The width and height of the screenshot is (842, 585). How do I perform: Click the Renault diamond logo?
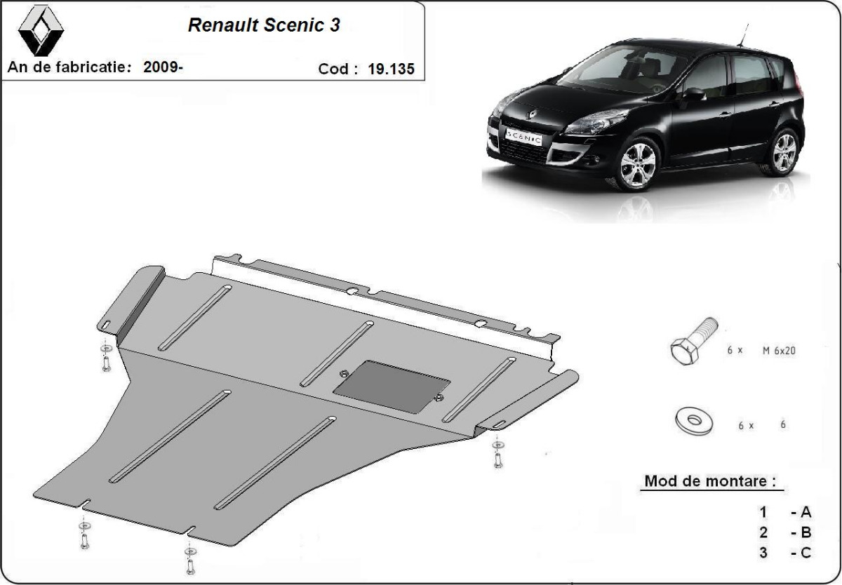click(40, 32)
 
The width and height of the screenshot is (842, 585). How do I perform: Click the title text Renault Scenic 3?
click(265, 25)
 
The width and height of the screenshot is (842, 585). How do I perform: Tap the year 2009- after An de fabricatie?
click(163, 67)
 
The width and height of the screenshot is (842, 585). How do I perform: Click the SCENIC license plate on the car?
click(523, 137)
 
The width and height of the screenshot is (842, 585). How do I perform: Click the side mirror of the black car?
click(694, 95)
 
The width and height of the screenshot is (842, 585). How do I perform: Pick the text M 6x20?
click(778, 349)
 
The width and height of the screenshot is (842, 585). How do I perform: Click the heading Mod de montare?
click(710, 482)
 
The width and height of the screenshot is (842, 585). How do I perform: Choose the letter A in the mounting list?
click(805, 513)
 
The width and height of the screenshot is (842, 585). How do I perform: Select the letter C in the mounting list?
click(805, 553)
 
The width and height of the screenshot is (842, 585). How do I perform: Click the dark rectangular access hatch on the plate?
click(392, 386)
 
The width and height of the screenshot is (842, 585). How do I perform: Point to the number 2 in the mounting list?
click(763, 533)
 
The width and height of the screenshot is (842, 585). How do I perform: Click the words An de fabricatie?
click(70, 67)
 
